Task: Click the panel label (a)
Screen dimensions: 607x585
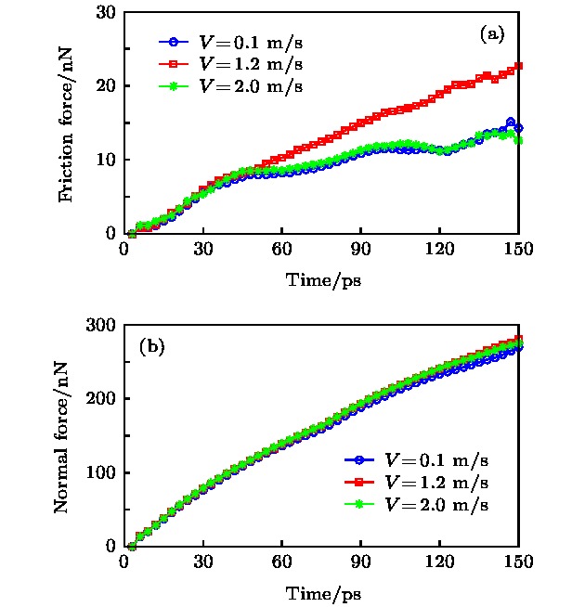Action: coord(492,35)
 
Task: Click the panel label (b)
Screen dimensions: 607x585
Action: coord(151,348)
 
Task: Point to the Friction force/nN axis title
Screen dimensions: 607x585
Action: coord(67,123)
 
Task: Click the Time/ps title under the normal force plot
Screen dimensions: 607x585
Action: coord(322,592)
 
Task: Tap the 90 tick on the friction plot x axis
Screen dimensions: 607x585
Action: coord(361,251)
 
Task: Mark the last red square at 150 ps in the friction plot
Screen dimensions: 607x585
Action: coord(518,66)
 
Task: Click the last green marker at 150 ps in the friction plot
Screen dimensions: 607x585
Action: coord(518,141)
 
